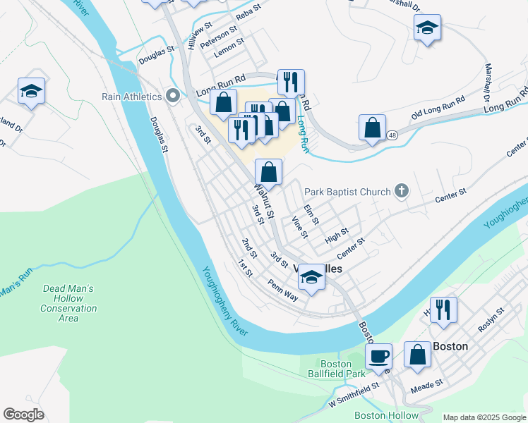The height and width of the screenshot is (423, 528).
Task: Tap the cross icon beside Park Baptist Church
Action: (402, 191)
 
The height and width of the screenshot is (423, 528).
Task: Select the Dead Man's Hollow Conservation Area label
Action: (68, 304)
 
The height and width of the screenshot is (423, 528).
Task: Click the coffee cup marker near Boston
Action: (378, 357)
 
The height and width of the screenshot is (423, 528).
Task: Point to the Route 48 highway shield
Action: (392, 134)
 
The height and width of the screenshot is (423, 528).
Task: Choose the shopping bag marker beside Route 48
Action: (372, 128)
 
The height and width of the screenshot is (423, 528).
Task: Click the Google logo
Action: (24, 415)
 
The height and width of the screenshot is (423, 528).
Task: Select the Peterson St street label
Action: (219, 38)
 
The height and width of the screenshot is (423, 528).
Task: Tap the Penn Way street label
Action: (282, 290)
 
